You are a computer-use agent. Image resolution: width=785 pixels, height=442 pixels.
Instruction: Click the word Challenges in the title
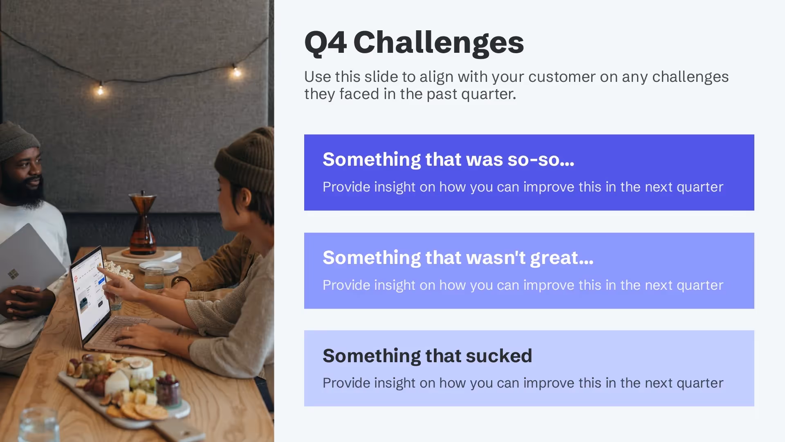point(438,43)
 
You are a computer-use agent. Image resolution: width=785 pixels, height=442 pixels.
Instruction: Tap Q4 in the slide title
point(325,43)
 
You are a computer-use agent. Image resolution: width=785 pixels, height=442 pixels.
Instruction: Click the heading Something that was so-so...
point(448,159)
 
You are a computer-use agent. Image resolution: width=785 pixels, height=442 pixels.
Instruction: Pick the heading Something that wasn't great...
point(458,257)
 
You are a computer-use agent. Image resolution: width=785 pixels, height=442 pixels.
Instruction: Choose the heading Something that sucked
point(427,356)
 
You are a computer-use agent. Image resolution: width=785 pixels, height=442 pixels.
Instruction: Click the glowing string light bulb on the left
point(101,89)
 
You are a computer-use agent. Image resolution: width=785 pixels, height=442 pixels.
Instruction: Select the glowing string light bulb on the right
point(237,72)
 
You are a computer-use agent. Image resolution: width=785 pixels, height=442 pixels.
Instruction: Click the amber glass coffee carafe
point(143,223)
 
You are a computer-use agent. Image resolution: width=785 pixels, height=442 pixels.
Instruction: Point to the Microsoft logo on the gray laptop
point(13,274)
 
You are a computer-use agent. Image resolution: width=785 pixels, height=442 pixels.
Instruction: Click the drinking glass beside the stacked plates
point(154,278)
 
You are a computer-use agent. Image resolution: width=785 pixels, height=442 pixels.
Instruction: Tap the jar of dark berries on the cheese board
point(168,391)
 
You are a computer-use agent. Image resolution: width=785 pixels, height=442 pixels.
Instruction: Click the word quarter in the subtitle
point(488,94)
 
